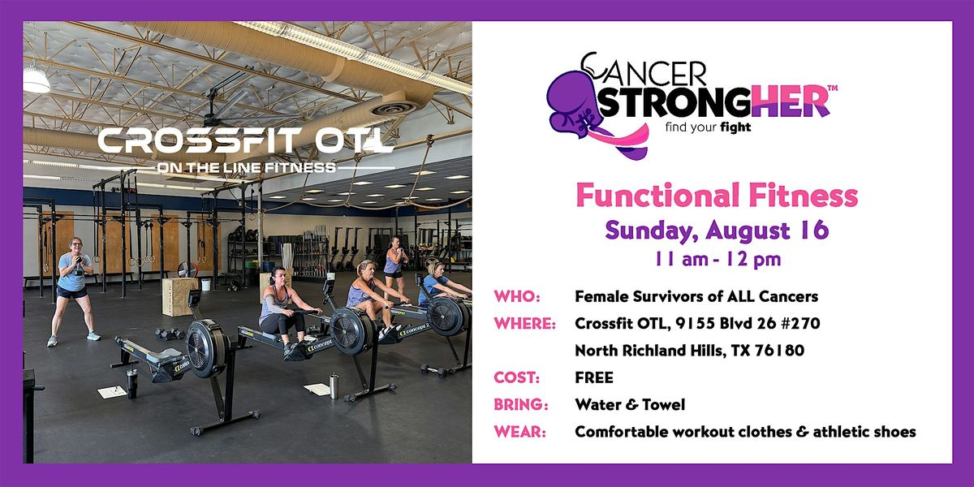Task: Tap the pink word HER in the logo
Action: [x=790, y=101]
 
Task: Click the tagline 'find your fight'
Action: [x=709, y=127]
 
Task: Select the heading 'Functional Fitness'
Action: [x=717, y=195]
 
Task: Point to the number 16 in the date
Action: [x=814, y=230]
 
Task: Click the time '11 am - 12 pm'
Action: [x=718, y=259]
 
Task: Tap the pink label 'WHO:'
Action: [x=517, y=296]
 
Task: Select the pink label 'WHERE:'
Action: [x=525, y=324]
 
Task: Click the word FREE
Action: [x=594, y=377]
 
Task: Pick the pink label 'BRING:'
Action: [x=521, y=404]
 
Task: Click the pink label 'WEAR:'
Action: [x=519, y=432]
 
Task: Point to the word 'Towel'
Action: [x=664, y=404]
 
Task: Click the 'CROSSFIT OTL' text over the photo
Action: [x=246, y=140]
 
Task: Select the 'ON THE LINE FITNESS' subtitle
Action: [x=246, y=167]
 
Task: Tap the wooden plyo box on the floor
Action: [x=179, y=296]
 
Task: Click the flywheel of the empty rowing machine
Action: [x=206, y=348]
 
